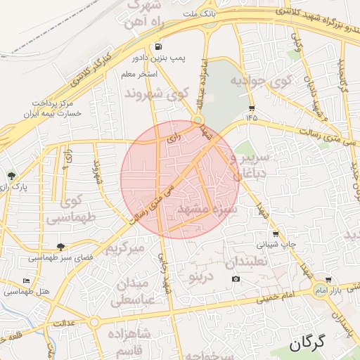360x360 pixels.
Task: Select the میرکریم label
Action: pyautogui.click(x=125, y=249)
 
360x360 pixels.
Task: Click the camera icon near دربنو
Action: pyautogui.click(x=236, y=279)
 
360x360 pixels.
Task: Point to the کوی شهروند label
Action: pyautogui.click(x=156, y=93)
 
